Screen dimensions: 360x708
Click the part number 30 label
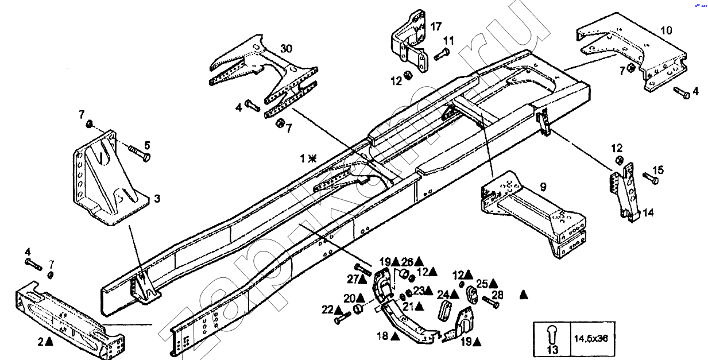(287, 48)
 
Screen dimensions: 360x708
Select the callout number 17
(436, 26)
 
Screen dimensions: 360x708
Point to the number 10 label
(666, 30)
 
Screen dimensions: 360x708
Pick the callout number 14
(648, 212)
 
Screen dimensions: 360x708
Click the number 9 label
(543, 186)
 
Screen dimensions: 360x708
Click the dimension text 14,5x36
(590, 338)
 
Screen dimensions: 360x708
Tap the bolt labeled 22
(342, 316)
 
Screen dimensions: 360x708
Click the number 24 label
(443, 295)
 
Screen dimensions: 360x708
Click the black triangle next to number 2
(50, 342)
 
